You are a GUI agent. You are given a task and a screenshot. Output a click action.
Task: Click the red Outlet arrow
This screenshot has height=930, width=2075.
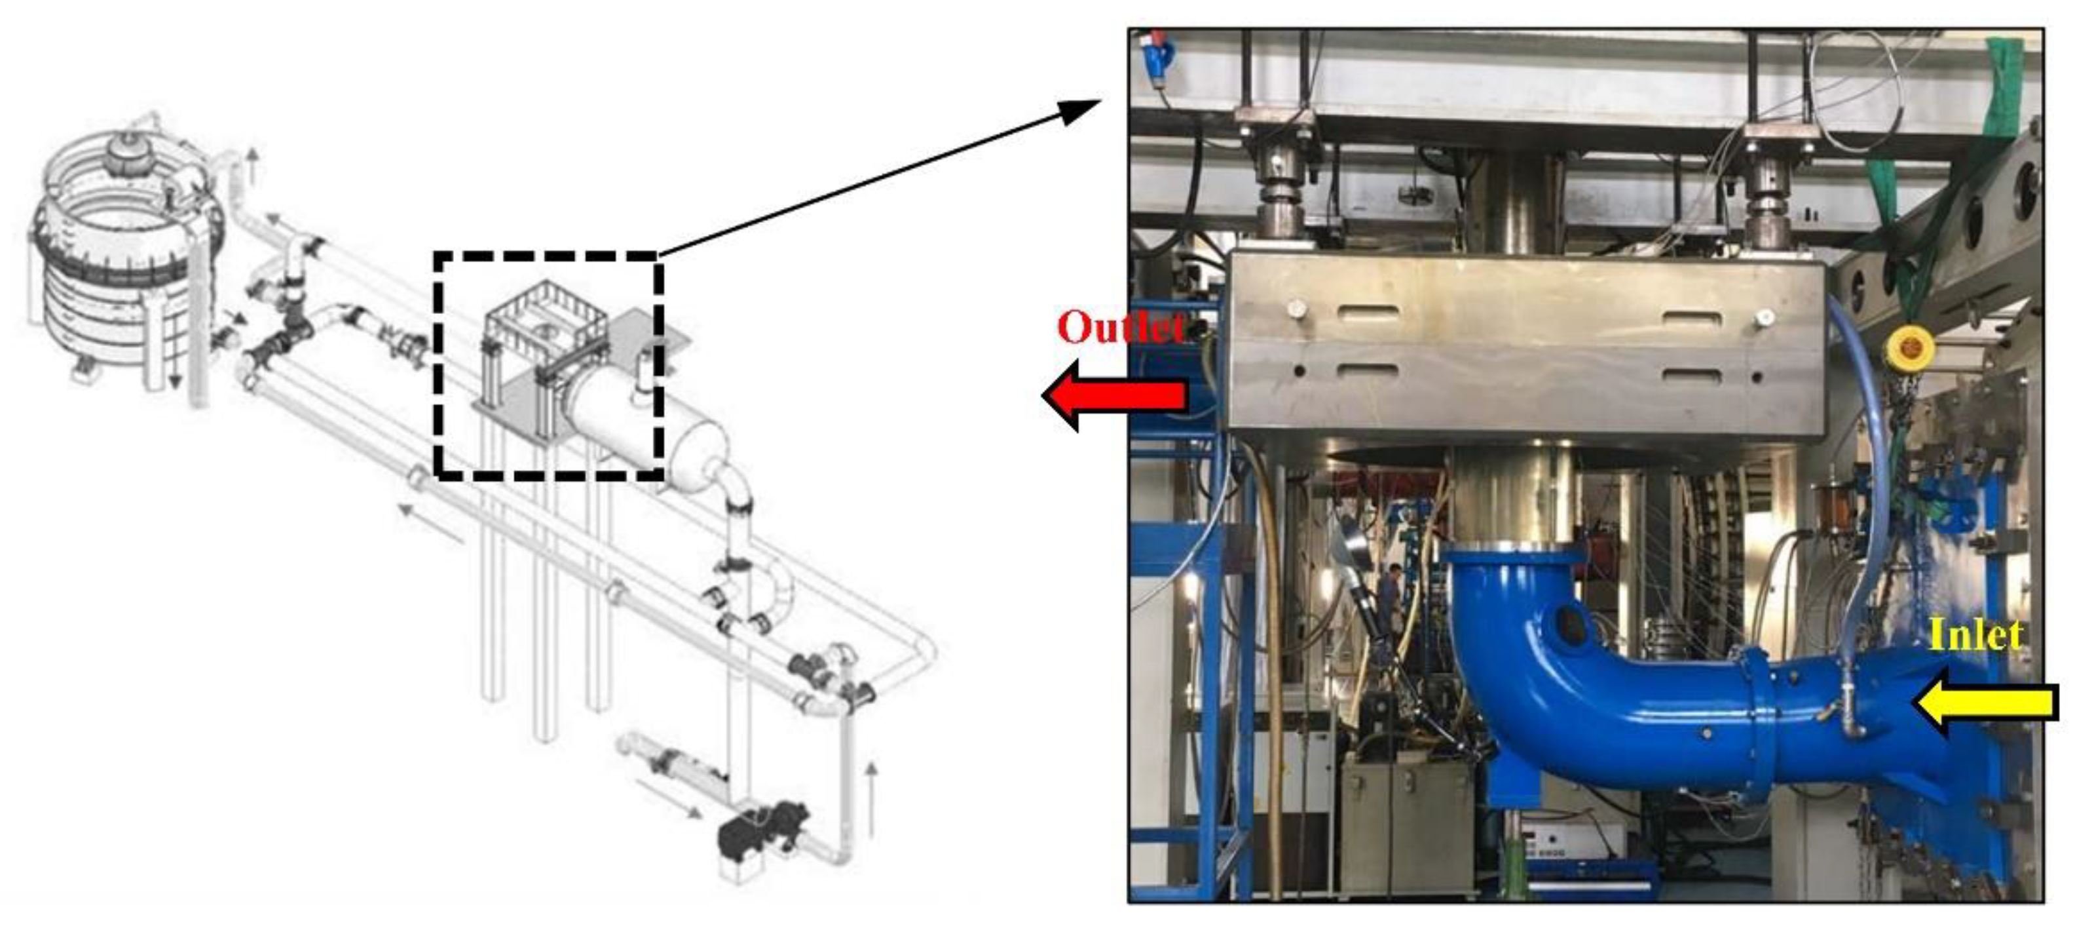coord(1115,396)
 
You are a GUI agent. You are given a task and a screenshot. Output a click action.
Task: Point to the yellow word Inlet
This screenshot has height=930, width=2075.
coord(1976,636)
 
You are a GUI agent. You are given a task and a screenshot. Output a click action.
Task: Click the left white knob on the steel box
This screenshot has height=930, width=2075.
coord(1296,309)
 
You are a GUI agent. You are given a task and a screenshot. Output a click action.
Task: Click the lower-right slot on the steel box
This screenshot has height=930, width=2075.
coord(1692,376)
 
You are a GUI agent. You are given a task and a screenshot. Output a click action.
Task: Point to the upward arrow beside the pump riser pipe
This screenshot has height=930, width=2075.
coord(870,798)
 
